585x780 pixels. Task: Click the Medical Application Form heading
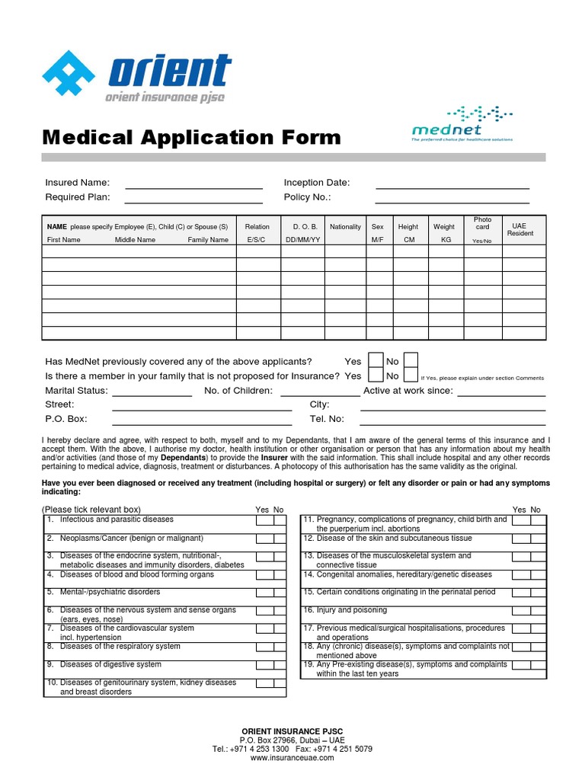pyautogui.click(x=192, y=138)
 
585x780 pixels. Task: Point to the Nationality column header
pyautogui.click(x=345, y=227)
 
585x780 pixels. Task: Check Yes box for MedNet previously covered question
pyautogui.click(x=376, y=360)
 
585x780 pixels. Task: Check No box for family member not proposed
pyautogui.click(x=410, y=375)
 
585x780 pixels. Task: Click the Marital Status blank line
pyautogui.click(x=152, y=395)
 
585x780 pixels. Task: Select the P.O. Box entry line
pyautogui.click(x=202, y=423)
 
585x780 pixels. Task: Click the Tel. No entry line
pyautogui.click(x=452, y=423)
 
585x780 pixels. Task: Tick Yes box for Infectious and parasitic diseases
pyautogui.click(x=264, y=520)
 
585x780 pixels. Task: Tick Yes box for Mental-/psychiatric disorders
pyautogui.click(x=264, y=593)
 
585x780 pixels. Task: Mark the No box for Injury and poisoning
pyautogui.click(x=538, y=611)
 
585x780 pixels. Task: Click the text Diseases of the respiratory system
pyautogui.click(x=120, y=647)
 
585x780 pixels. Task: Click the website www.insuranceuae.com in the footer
pyautogui.click(x=292, y=758)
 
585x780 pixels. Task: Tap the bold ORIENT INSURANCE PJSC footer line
pyautogui.click(x=292, y=731)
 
